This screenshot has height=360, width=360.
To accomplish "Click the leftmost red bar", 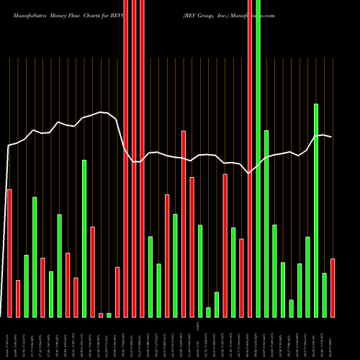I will click(x=9, y=253).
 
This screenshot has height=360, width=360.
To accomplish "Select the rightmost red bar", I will click(x=333, y=287).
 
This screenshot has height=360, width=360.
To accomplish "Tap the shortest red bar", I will click(x=101, y=315).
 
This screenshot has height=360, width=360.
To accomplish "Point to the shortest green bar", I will click(x=109, y=315).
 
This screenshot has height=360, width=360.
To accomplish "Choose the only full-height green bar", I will click(x=258, y=158).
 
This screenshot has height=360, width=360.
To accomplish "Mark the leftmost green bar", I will click(x=26, y=286).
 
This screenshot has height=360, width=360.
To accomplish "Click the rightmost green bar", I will click(x=325, y=294).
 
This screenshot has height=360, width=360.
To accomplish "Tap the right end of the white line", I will click(x=331, y=137).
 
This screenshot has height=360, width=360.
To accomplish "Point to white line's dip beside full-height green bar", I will click(x=249, y=173).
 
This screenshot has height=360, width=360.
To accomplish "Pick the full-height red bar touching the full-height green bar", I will click(x=250, y=158).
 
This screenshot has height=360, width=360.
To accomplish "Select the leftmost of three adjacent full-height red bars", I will click(x=126, y=158).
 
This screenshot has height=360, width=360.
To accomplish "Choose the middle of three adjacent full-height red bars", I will click(x=134, y=158).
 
